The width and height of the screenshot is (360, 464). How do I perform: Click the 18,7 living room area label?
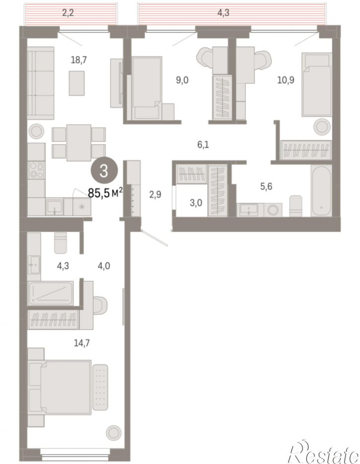pos(78,60)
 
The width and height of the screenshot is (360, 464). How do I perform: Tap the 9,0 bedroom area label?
pos(182,80)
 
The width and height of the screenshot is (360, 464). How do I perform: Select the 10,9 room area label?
pos(286,80)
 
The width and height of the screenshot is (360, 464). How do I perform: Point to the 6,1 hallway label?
pos(203,145)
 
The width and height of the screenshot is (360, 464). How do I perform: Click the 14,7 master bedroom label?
pos(81,343)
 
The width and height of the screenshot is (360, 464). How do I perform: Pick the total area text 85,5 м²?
pos(105,193)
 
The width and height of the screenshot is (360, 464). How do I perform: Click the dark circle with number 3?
pos(104,171)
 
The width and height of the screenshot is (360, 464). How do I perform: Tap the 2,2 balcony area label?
pos(68,13)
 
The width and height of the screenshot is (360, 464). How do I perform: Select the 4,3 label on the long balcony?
pos(223,13)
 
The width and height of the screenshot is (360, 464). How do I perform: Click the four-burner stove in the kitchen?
pos(36,170)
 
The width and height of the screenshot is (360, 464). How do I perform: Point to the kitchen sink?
pos(55,206)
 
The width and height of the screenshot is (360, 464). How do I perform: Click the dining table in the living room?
pos(78,143)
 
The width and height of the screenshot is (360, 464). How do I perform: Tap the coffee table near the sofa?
pos(76,83)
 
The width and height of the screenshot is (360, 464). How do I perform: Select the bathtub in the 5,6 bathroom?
pos(321,191)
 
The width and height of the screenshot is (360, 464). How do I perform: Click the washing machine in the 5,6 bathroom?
pos(272,210)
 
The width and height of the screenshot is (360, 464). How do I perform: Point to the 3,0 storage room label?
pos(196,203)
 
